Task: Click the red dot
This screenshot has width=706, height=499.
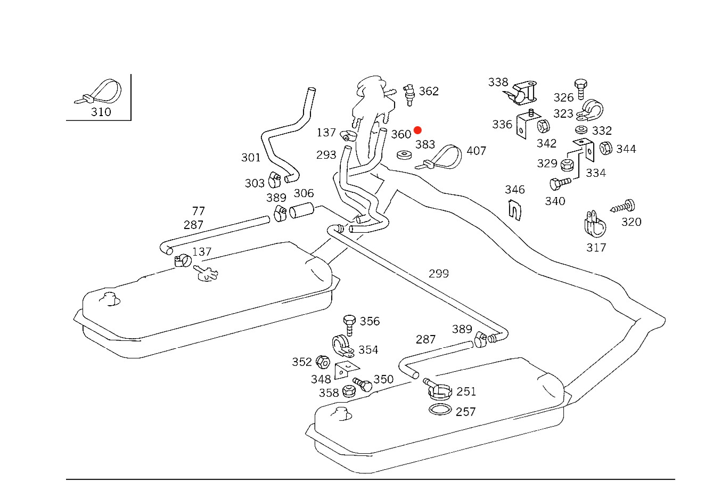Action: (417, 130)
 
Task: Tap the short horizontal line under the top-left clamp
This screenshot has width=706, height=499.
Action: (98, 120)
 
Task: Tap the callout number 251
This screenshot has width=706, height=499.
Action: (466, 392)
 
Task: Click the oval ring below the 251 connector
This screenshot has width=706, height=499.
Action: (440, 410)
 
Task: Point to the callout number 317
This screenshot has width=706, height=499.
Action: (596, 248)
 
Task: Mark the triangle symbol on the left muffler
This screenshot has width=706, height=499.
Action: (111, 298)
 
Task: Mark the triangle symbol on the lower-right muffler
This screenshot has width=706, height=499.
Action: (342, 412)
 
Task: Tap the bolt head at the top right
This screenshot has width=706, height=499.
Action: (581, 84)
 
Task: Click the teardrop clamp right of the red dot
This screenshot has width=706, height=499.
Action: (445, 157)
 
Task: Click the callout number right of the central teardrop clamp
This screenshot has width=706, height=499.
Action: (477, 152)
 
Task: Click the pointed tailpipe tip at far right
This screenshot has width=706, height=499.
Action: (662, 320)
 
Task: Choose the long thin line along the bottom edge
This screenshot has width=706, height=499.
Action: (371, 479)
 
